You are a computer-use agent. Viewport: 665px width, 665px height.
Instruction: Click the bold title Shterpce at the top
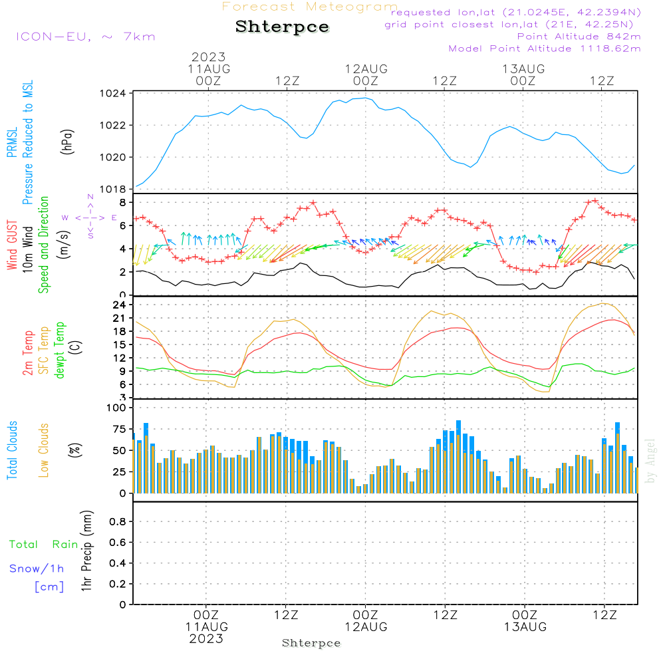(x=282, y=27)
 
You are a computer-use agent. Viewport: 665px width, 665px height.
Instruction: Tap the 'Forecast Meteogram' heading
(x=310, y=7)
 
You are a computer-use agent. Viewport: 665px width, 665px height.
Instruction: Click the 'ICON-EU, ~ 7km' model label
(x=85, y=37)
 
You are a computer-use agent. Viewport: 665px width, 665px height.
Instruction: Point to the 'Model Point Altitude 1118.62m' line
(x=545, y=49)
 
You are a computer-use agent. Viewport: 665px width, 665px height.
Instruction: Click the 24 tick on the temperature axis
(x=120, y=305)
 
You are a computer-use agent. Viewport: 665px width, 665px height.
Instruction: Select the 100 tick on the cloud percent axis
(x=116, y=408)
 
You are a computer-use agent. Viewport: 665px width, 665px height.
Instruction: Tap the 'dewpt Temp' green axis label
(x=60, y=350)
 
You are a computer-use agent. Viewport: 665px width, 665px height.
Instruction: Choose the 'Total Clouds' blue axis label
(x=12, y=450)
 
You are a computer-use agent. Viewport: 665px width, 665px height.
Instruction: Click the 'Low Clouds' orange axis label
(x=44, y=450)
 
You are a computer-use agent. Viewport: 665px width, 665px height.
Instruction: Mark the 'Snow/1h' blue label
(x=37, y=569)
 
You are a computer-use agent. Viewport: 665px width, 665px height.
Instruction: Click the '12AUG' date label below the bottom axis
(x=365, y=627)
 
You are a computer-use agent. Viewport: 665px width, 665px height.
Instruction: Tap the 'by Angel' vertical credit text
(x=651, y=460)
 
